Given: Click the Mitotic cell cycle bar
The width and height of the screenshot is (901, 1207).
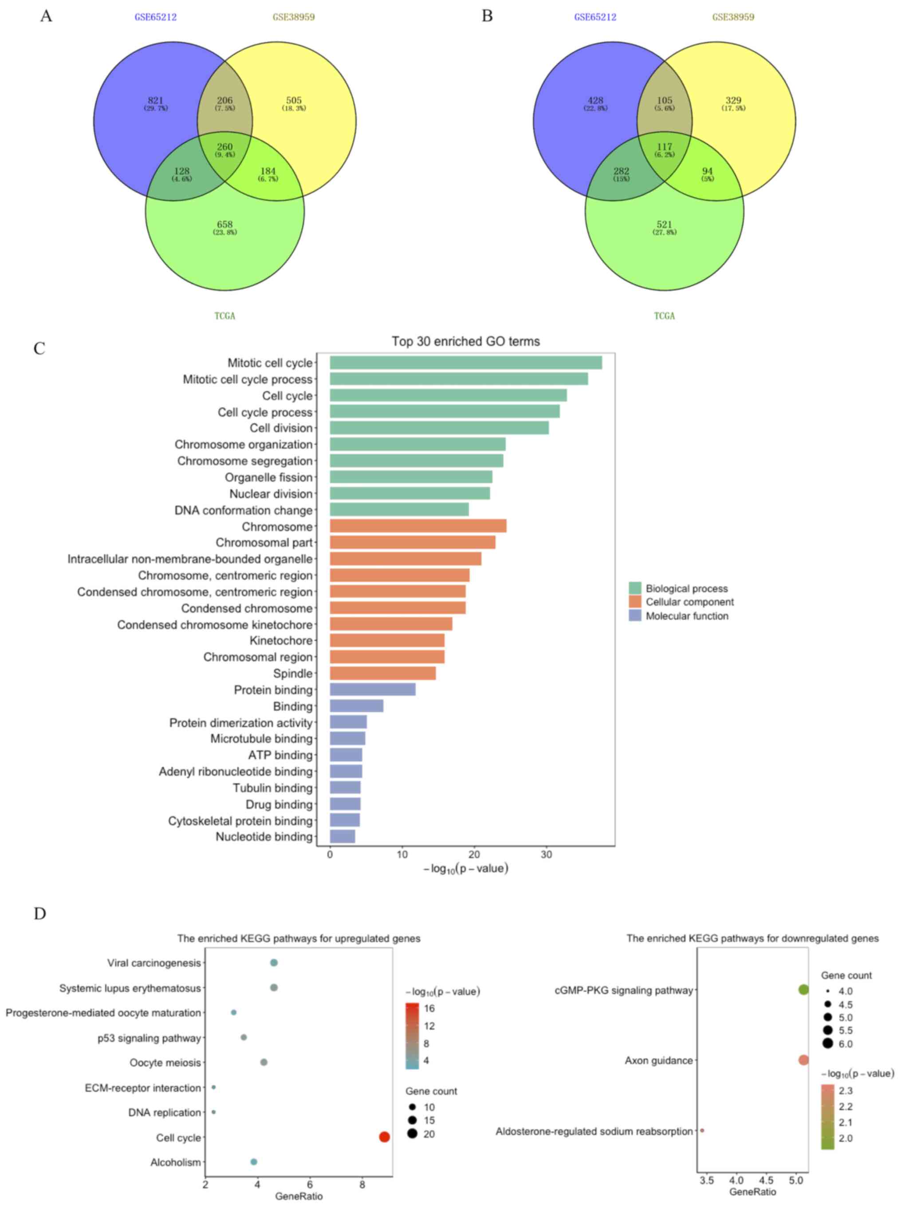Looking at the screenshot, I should click(465, 363).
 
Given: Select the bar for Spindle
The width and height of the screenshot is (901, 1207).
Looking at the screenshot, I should click(382, 673).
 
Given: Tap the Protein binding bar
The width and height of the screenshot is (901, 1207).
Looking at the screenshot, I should click(373, 689).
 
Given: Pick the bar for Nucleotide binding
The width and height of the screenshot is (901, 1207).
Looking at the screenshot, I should click(342, 836).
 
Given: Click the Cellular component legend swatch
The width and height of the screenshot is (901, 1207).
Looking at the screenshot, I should click(635, 602).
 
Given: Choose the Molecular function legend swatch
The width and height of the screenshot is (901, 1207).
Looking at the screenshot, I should click(635, 615).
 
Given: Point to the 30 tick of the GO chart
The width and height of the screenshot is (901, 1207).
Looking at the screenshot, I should click(546, 854).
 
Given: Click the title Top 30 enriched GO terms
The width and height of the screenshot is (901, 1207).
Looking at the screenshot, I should click(465, 342).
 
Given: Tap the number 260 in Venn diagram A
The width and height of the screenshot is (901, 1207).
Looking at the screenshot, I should click(225, 147).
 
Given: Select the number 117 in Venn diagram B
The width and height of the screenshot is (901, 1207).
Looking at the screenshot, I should click(664, 147).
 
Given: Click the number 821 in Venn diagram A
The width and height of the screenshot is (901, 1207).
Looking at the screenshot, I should click(155, 100).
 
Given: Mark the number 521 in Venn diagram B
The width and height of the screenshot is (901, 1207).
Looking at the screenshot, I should click(664, 224).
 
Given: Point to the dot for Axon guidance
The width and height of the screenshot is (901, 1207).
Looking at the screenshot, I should click(803, 1060).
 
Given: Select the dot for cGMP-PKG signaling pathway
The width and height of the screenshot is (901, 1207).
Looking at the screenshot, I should click(803, 989).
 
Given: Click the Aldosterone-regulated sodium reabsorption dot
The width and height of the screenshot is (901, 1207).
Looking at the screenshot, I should click(702, 1130).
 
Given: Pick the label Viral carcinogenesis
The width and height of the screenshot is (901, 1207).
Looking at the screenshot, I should click(154, 963).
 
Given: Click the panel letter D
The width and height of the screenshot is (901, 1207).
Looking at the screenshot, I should click(40, 914).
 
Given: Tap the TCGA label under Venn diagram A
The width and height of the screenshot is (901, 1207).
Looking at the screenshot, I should click(225, 316).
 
